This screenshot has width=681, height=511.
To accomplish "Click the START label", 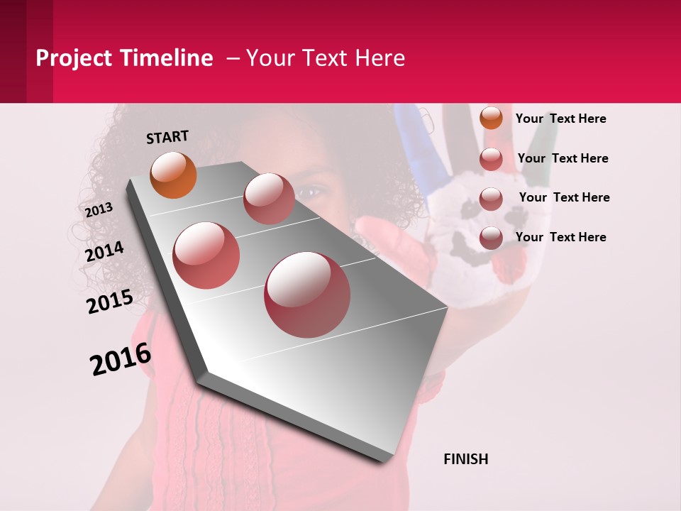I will pyautogui.click(x=167, y=137).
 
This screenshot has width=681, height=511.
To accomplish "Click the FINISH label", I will pyautogui.click(x=466, y=459).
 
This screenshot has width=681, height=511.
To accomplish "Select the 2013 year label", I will pyautogui.click(x=99, y=209).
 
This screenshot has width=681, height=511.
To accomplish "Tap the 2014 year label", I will pyautogui.click(x=104, y=252).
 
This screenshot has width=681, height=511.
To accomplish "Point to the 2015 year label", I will pyautogui.click(x=110, y=302).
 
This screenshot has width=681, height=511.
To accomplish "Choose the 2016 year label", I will pyautogui.click(x=121, y=359).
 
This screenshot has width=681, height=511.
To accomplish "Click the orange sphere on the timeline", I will pyautogui.click(x=173, y=175).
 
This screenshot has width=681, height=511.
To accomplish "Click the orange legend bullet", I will pyautogui.click(x=491, y=119).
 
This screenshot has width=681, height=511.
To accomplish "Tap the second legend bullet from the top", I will pyautogui.click(x=491, y=159).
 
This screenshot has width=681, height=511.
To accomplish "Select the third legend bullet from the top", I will pyautogui.click(x=491, y=198).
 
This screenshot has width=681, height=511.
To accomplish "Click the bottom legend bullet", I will pyautogui.click(x=491, y=238).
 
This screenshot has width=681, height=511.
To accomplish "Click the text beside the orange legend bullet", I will pyautogui.click(x=560, y=119).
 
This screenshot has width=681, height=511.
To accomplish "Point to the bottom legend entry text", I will pyautogui.click(x=560, y=237).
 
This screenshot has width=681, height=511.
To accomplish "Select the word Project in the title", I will pyautogui.click(x=74, y=58).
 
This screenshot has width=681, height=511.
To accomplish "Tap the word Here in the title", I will pyautogui.click(x=380, y=58).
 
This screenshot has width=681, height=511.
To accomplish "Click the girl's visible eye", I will pyautogui.click(x=312, y=190).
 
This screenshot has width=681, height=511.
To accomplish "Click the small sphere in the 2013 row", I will pyautogui.click(x=269, y=198).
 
